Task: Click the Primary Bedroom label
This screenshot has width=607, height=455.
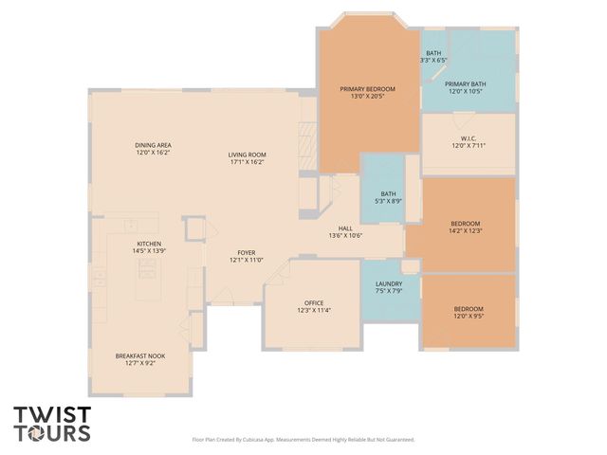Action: click(x=367, y=89)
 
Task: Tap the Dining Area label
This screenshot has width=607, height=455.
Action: click(x=153, y=145)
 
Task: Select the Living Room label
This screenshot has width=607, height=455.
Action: click(x=247, y=155)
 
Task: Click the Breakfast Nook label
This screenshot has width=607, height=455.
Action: click(x=140, y=355)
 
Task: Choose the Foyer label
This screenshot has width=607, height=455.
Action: click(x=247, y=252)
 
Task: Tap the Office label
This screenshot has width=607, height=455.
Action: click(x=313, y=302)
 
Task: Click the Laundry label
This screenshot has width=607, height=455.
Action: click(x=389, y=283)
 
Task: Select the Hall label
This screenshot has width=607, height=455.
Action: click(x=346, y=228)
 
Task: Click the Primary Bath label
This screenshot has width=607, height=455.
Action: click(x=465, y=83)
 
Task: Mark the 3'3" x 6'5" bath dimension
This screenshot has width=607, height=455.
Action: click(x=433, y=60)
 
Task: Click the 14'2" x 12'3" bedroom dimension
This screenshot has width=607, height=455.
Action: click(x=466, y=230)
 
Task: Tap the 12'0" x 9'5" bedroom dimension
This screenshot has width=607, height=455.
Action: click(x=468, y=316)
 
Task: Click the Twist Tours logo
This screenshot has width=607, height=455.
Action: click(x=52, y=424)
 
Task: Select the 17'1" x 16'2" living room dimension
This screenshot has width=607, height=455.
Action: click(x=247, y=162)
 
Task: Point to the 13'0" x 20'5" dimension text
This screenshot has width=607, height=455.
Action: click(x=367, y=96)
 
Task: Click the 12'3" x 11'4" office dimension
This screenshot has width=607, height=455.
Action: click(x=313, y=310)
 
